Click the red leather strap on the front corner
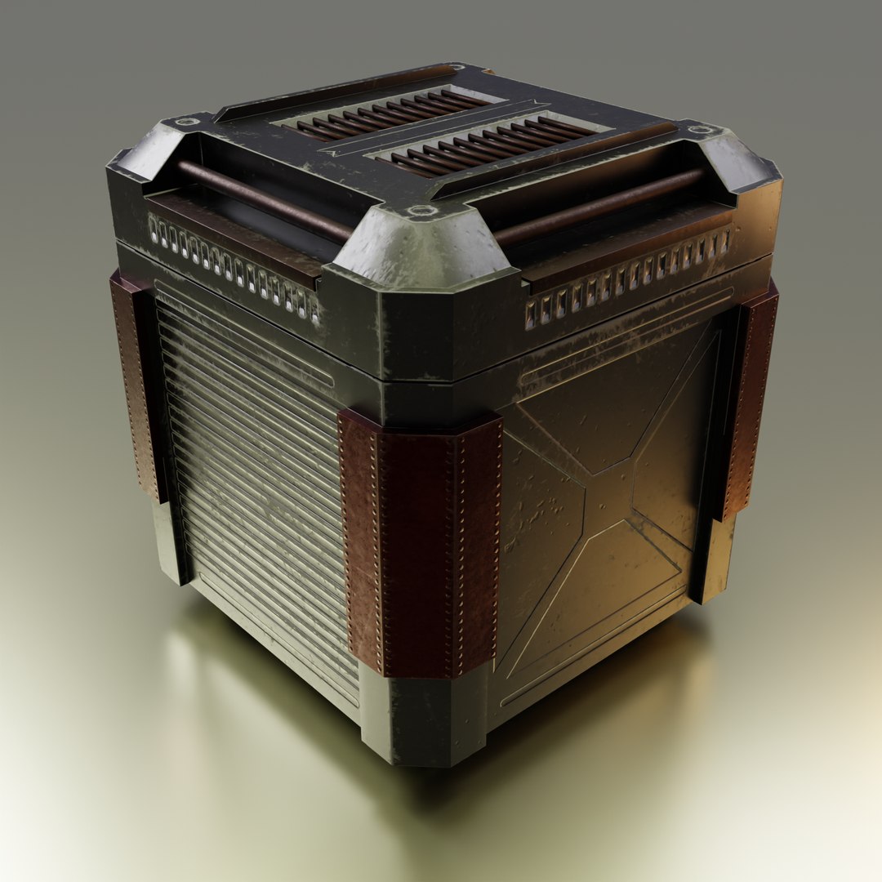click(x=421, y=543)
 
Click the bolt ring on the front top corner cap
click(x=421, y=211)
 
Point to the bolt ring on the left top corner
click(x=188, y=122)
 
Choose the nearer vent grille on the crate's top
click(x=490, y=144)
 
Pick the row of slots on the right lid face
click(x=629, y=278)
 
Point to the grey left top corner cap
click(x=147, y=155)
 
